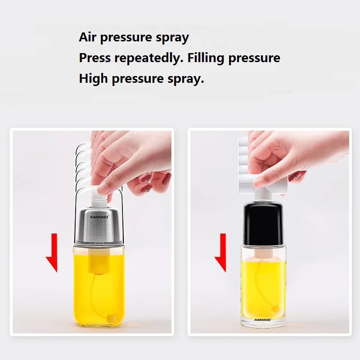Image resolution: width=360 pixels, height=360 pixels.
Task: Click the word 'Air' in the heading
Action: pos(87,37)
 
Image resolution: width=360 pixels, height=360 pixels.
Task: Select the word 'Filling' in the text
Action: pos(206,58)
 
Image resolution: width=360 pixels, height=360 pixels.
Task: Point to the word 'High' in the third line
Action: pos(93,78)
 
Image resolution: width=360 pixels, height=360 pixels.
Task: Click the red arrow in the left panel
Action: pos(53,252)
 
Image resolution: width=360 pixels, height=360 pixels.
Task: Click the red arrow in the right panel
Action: pos(221,252)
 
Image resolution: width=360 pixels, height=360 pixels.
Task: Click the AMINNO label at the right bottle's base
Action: pos(263,319)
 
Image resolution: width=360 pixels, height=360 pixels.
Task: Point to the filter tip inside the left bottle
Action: pos(112,318)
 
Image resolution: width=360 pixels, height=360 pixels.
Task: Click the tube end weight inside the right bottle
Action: pos(275,309)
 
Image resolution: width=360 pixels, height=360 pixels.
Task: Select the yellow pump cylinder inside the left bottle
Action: pos(99,262)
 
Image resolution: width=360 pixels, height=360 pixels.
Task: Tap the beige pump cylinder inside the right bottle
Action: pos(263,254)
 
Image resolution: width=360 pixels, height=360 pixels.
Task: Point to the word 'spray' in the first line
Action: pos(172,37)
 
